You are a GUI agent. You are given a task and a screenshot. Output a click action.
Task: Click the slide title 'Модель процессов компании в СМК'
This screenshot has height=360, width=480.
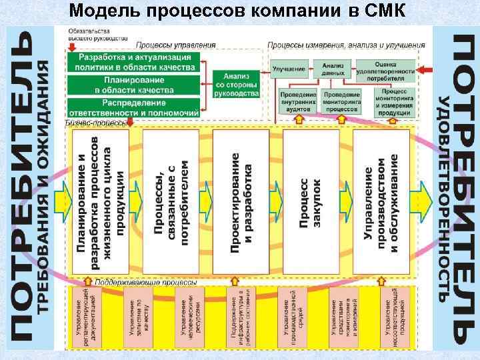(240, 11)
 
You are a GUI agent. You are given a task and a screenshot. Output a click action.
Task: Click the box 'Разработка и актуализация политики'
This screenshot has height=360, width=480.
(134, 61)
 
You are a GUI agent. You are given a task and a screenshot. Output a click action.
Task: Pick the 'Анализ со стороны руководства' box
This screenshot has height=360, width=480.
(237, 85)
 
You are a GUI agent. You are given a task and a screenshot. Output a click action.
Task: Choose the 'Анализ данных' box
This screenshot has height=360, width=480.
(333, 69)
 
